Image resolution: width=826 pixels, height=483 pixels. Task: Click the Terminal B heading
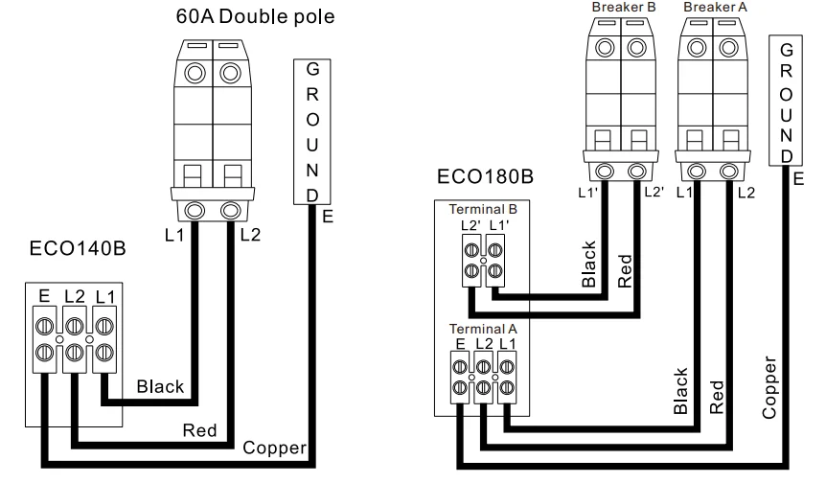click(x=482, y=207)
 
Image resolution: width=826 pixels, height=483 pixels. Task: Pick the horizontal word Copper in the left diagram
click(x=273, y=448)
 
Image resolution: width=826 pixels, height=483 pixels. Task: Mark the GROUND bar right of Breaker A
click(x=786, y=101)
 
